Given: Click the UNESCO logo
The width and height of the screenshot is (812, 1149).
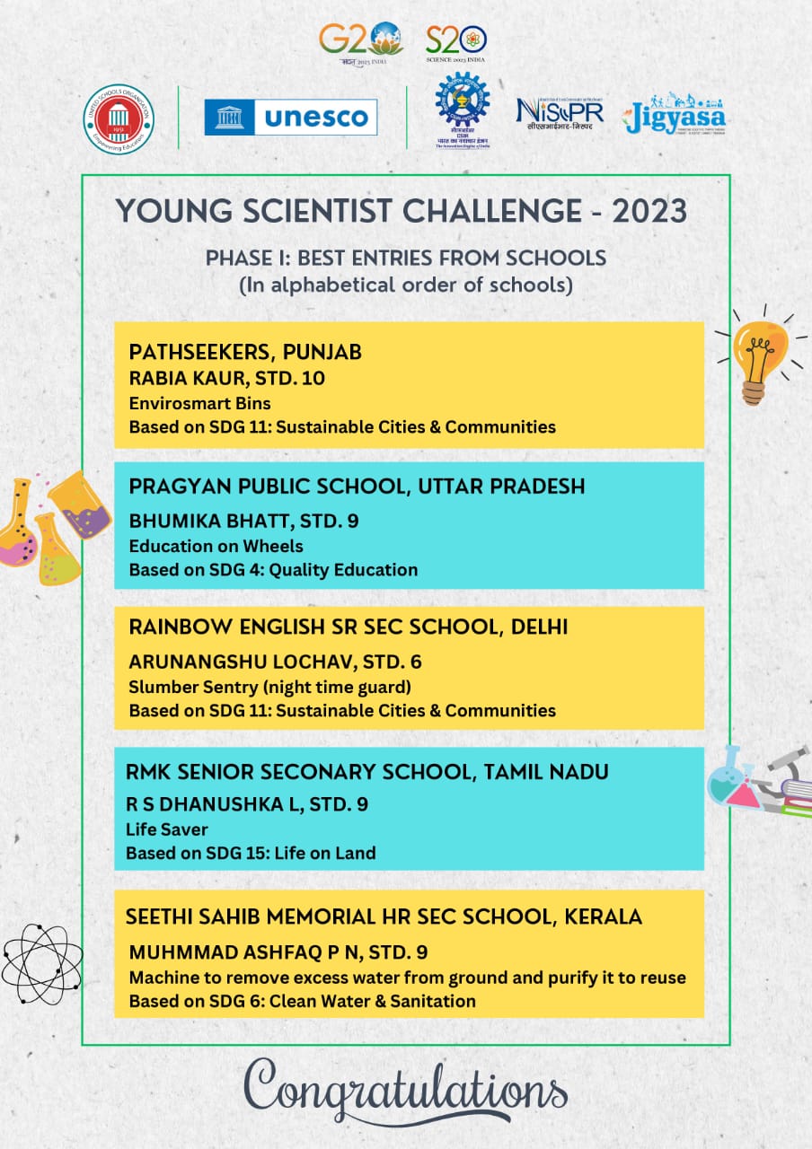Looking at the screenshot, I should coord(290,118).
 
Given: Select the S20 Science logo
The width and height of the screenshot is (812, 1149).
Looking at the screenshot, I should coord(457,39).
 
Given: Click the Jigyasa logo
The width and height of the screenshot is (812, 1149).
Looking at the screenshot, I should coord(675,114).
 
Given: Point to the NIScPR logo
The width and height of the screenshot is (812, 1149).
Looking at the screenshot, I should coord(559,114).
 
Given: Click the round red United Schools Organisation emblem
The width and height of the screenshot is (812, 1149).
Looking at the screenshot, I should coord(118,118).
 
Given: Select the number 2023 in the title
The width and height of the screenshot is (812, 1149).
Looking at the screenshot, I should coord(649,211).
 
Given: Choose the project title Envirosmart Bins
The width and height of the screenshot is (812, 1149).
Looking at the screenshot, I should coord(199,402).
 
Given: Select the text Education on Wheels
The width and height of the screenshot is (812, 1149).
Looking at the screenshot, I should coord(216,546).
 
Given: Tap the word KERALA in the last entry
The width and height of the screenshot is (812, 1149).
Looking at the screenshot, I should coord(603,917).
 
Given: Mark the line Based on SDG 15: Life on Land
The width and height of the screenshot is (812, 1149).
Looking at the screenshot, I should coord(250,853).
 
